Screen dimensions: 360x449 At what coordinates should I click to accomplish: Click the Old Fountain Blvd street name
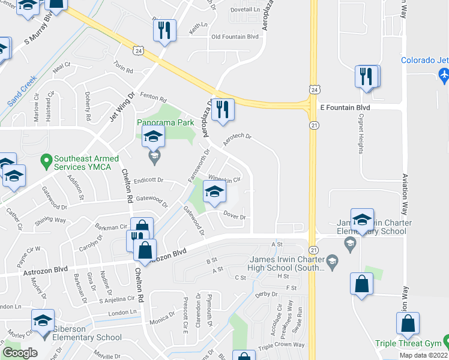click(x=235, y=37)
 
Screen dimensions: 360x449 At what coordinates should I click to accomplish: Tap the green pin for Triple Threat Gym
click(x=445, y=343)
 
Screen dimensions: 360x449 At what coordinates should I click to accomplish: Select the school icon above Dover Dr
click(x=212, y=192)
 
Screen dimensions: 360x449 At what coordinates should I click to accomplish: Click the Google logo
click(x=20, y=352)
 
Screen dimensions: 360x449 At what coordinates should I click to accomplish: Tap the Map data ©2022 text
click(x=424, y=355)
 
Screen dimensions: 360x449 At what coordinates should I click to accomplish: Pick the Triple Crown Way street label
click(x=282, y=346)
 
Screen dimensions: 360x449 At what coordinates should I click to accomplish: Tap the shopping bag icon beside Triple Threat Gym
click(x=408, y=323)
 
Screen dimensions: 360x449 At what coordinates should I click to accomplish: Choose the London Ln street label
click(x=123, y=313)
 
